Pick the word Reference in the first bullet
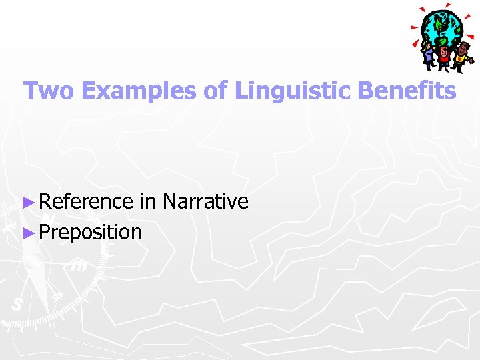87,201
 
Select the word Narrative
205,201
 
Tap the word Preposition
91,232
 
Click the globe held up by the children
442,28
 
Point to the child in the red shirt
445,57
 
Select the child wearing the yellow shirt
462,59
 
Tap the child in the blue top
427,56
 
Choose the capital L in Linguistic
241,91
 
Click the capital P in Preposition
45,232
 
